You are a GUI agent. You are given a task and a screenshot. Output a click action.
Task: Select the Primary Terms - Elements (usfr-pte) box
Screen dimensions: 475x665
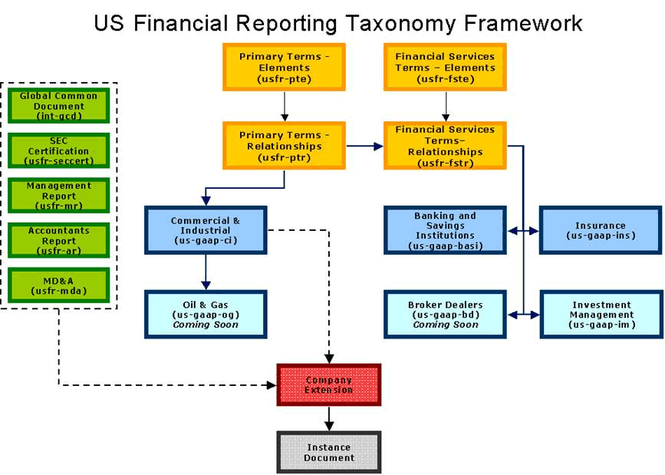point(284,68)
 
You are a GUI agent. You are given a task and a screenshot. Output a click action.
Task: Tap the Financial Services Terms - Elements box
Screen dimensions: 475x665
point(445,68)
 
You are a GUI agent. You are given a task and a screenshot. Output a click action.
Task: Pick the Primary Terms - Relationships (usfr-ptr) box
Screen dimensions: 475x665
point(284,146)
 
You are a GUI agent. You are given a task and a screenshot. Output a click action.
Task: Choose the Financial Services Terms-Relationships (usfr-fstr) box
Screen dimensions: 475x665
point(445,146)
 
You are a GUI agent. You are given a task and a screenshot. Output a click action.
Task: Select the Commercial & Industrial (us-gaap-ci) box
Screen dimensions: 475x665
point(205,230)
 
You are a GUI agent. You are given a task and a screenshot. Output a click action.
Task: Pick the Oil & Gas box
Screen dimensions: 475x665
point(205,315)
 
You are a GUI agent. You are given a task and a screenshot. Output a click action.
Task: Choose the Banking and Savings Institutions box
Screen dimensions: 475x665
point(445,230)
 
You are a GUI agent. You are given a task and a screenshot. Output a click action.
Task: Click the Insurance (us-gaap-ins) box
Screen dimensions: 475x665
point(601,230)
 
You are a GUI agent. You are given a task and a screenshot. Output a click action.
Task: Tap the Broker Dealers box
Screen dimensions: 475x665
point(445,315)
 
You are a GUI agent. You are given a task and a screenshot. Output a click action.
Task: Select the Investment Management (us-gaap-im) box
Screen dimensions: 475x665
point(601,315)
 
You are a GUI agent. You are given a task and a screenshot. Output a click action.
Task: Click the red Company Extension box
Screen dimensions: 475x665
point(329,385)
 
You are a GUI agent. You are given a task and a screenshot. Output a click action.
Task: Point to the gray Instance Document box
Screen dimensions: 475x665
point(329,453)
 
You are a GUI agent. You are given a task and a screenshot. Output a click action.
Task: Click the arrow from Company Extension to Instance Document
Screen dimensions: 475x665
point(329,418)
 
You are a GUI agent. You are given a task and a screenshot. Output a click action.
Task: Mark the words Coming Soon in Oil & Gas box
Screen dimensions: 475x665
point(205,325)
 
